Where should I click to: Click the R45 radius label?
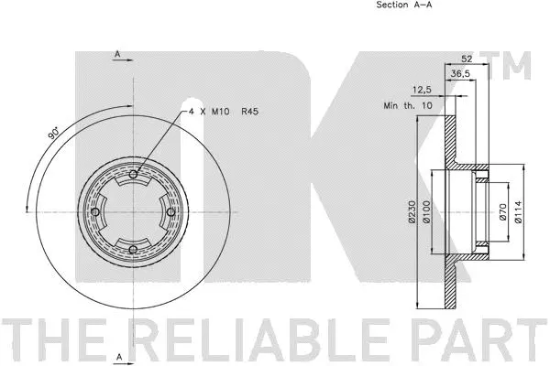[x=249, y=111]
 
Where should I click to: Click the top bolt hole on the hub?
[x=134, y=176]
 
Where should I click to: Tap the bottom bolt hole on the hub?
[x=134, y=250]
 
